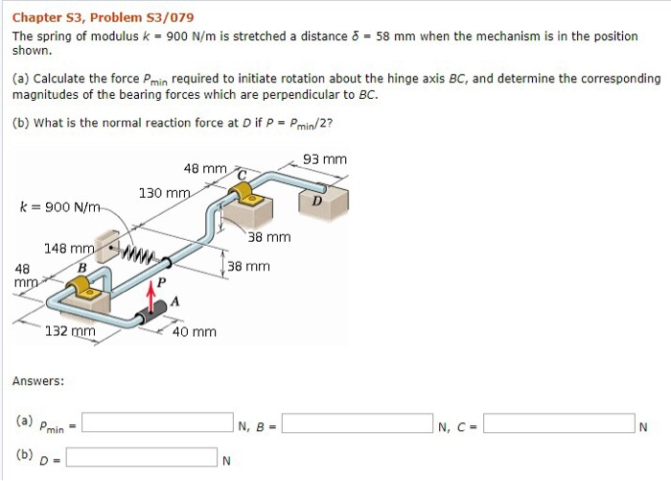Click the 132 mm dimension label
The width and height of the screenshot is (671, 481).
[70, 331]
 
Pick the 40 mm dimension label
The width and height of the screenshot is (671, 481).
[194, 332]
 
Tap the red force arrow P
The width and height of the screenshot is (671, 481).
[150, 297]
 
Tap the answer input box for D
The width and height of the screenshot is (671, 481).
[141, 457]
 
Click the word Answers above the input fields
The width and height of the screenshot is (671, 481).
[38, 381]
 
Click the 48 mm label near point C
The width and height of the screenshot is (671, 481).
[204, 169]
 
